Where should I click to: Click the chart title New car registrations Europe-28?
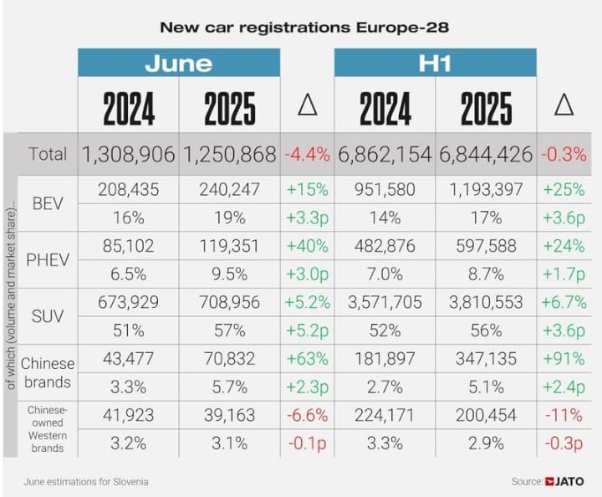pos(304,27)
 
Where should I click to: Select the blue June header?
pos(179,64)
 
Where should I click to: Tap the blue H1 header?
pos(435,64)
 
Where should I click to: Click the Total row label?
pos(48,154)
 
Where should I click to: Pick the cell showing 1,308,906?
pos(129,154)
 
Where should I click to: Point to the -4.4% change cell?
pos(307,154)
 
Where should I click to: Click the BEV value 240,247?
pos(230,190)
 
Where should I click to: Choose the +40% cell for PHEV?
pos(307,245)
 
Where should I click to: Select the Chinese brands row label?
pos(48,372)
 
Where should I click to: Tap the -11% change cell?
pos(564,414)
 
